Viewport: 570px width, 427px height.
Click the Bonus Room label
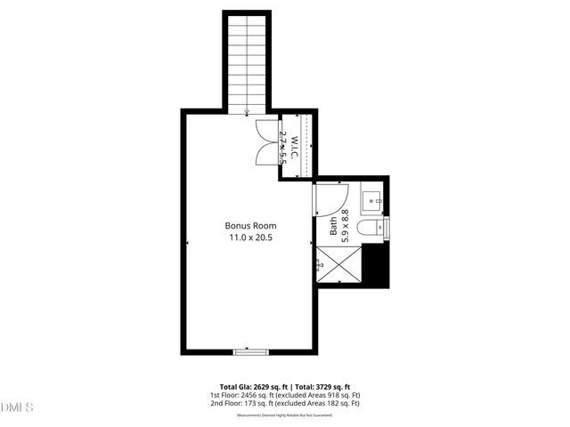click(x=248, y=225)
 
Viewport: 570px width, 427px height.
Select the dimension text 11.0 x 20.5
click(x=248, y=238)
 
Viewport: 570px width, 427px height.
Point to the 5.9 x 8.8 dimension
click(x=346, y=226)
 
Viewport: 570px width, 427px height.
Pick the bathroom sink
click(x=373, y=200)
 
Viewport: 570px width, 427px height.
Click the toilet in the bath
click(x=369, y=230)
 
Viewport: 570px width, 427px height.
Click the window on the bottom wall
click(x=250, y=352)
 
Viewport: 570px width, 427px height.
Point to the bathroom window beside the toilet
click(x=387, y=229)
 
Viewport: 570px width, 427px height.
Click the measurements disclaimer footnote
click(x=284, y=415)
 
